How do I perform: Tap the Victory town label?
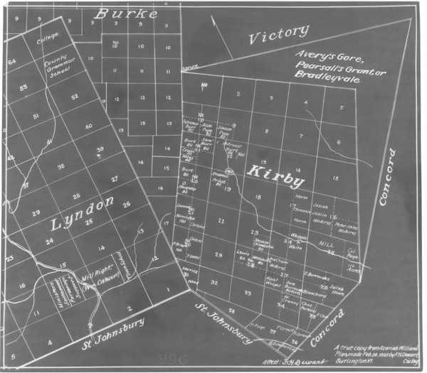tap(280, 33)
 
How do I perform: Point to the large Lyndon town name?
tap(82, 214)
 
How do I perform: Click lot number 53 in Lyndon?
tap(23, 87)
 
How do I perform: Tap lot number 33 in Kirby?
tap(247, 292)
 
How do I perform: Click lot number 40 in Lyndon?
tap(88, 126)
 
